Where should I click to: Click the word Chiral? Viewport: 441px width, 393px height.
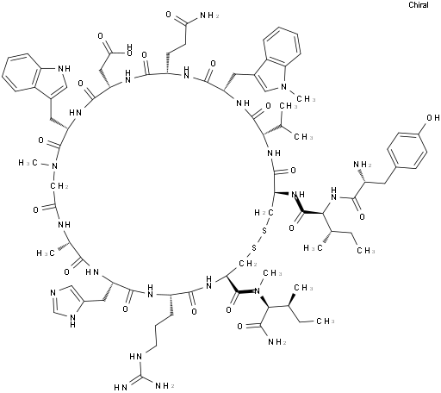(419, 5)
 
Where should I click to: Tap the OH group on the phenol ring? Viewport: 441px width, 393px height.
(433, 118)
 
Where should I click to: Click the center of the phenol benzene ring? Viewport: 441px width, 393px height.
(407, 150)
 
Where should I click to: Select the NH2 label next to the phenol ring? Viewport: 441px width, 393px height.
(363, 165)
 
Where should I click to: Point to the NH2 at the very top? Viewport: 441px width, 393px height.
(209, 16)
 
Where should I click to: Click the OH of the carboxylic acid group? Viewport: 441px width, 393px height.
(129, 49)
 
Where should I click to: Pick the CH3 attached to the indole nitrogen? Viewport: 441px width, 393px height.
(307, 99)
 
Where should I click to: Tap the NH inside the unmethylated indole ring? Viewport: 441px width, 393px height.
(65, 68)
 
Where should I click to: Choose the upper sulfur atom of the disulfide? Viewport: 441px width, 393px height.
(264, 230)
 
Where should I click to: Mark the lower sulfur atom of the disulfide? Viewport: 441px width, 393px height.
(254, 247)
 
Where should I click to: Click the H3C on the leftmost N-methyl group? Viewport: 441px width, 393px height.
(28, 163)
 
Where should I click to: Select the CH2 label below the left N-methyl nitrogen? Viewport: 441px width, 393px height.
(59, 186)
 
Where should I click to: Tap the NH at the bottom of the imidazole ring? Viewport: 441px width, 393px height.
(72, 321)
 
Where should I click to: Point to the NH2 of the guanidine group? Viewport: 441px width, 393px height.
(165, 385)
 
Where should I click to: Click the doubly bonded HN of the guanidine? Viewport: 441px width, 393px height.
(121, 387)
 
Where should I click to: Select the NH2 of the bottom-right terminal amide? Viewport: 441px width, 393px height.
(277, 341)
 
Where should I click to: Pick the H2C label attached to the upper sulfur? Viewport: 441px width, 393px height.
(264, 213)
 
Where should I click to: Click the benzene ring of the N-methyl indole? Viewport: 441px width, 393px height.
(283, 47)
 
